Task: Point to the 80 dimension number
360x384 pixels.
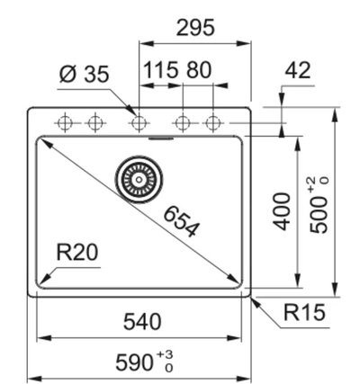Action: [199, 69]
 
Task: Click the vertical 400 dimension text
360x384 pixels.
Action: [283, 210]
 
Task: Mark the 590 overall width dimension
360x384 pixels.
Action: [135, 362]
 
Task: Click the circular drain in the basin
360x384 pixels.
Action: [137, 178]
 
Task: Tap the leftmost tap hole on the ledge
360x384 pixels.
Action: [65, 122]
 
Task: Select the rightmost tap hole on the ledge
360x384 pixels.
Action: [212, 122]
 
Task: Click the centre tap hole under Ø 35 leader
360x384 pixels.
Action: [138, 122]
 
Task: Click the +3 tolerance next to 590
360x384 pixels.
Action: [165, 358]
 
